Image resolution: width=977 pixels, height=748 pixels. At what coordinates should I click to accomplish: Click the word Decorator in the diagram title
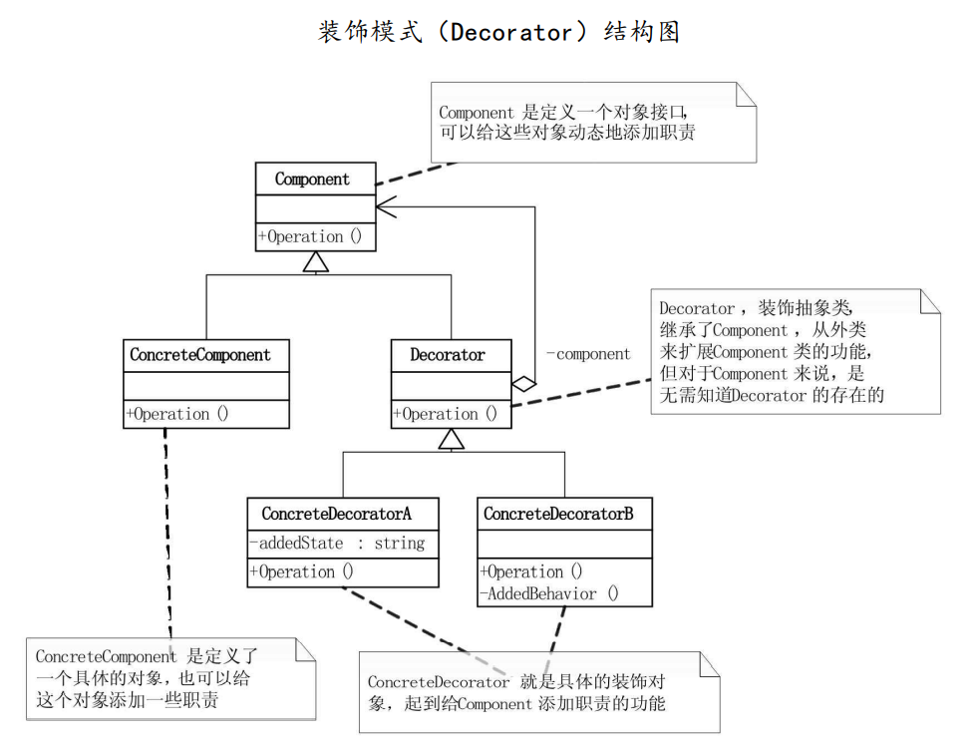(511, 32)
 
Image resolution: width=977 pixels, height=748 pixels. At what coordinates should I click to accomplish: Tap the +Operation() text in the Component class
(310, 237)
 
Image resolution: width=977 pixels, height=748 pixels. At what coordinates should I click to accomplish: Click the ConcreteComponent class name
(200, 355)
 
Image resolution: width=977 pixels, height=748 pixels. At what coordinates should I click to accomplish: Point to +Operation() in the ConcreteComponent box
(177, 414)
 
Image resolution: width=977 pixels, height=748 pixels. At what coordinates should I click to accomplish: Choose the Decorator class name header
(448, 355)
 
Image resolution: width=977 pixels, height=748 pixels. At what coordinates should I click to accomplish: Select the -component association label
(588, 354)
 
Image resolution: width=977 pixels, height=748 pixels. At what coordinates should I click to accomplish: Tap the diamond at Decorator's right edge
(523, 383)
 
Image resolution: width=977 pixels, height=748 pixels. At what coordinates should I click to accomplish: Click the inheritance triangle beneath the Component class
(316, 261)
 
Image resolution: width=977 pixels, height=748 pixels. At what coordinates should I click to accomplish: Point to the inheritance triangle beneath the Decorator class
(452, 439)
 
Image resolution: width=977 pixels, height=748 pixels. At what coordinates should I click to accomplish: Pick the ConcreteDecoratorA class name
(336, 514)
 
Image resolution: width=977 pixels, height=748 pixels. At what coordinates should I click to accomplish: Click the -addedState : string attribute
(337, 544)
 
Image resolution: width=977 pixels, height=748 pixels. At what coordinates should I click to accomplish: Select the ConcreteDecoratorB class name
(558, 514)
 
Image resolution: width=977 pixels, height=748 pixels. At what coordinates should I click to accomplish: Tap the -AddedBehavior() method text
(549, 594)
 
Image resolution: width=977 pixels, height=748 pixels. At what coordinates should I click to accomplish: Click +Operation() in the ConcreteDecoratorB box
(531, 572)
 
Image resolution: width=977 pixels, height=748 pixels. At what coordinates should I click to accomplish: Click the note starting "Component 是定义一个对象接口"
(593, 122)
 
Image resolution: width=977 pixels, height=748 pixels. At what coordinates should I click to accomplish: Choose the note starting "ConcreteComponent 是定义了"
(169, 678)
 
